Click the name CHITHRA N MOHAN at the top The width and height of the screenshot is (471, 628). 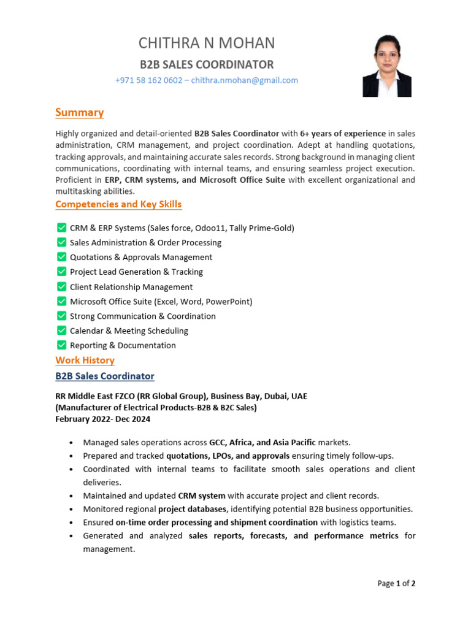[x=207, y=43]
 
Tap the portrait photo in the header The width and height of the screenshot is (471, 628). [x=387, y=65]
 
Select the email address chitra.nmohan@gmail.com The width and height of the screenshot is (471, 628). [x=245, y=80]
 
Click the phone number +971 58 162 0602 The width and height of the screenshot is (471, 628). [x=148, y=80]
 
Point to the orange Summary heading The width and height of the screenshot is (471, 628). [x=79, y=112]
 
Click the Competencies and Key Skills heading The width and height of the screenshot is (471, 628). [x=118, y=204]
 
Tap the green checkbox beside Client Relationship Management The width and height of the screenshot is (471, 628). [x=61, y=286]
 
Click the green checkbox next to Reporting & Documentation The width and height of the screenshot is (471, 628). [x=61, y=345]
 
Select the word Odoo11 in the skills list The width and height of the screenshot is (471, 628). [x=210, y=228]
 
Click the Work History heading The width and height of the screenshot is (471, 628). [x=85, y=361]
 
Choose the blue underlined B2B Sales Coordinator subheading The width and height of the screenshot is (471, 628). [x=105, y=376]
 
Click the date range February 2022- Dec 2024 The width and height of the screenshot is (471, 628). [x=102, y=419]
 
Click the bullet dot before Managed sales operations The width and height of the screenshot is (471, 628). [x=72, y=443]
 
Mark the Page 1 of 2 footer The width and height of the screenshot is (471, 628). [x=396, y=584]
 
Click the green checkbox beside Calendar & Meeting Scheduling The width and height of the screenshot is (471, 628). [x=61, y=331]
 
